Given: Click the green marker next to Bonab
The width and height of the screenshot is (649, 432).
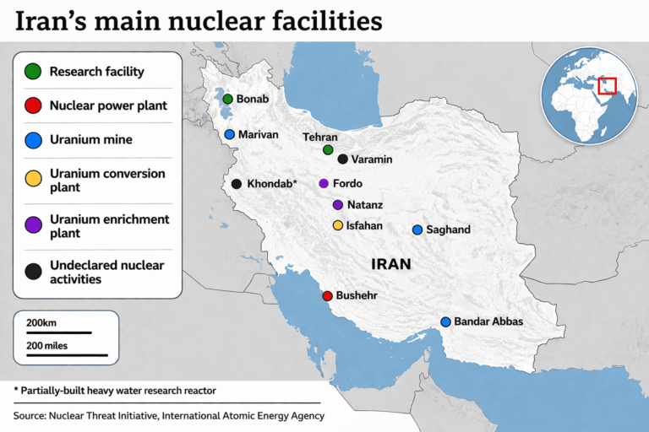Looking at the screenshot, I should (x=227, y=99).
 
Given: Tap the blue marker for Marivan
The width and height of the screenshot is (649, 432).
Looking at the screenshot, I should (x=229, y=134).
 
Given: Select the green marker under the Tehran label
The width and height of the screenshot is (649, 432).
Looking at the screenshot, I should (x=328, y=150).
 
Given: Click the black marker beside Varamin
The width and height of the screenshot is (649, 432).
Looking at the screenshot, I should (x=342, y=159).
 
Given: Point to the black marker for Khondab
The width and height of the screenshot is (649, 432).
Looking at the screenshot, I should (x=237, y=184).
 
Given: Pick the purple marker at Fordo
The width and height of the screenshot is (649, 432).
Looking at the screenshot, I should (x=324, y=183).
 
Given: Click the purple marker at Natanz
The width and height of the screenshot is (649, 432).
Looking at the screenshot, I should (x=338, y=205).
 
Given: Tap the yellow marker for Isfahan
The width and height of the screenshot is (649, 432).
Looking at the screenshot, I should (x=338, y=225).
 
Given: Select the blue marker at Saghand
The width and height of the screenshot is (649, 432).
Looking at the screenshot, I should (x=417, y=229).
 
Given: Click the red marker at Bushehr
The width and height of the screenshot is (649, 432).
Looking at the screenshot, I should (x=327, y=296).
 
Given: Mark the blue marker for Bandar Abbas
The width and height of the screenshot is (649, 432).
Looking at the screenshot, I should (x=445, y=321).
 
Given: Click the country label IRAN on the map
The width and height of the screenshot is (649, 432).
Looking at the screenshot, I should (x=391, y=264).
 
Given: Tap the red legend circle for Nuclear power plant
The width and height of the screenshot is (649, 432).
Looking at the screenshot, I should (x=33, y=105).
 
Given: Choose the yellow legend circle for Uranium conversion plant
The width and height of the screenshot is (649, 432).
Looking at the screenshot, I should (x=33, y=179).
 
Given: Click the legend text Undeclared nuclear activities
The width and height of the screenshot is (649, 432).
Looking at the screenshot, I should (x=106, y=272).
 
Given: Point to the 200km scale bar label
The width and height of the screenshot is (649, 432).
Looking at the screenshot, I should (x=41, y=322).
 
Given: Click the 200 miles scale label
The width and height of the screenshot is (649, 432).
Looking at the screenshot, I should (x=47, y=345).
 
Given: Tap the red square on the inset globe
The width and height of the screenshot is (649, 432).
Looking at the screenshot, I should (x=607, y=86).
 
